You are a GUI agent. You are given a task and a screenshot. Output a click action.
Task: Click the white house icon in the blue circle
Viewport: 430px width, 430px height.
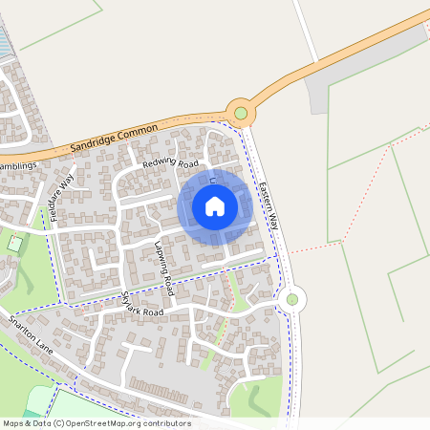tap(215, 205)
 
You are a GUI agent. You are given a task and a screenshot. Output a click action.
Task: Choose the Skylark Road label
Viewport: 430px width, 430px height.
tap(141, 305)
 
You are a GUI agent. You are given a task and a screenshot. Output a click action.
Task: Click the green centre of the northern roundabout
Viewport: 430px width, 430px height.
tap(241, 114)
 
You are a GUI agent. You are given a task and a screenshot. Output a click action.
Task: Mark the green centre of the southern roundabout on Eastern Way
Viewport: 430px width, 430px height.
tap(292, 299)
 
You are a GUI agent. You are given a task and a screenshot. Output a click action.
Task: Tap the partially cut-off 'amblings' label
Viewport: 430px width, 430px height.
tap(17, 165)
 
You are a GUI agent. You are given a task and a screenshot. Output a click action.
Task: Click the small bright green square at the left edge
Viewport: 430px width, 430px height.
tap(14, 244)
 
